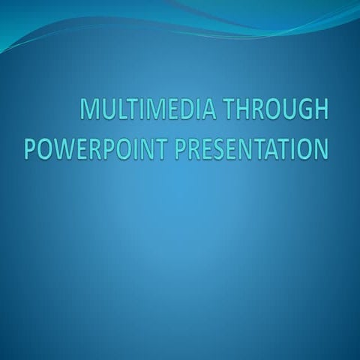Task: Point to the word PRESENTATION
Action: [x=252, y=148]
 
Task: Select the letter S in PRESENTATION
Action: [x=221, y=148]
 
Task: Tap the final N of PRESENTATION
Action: [x=319, y=148]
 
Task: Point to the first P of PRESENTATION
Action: [x=181, y=148]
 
